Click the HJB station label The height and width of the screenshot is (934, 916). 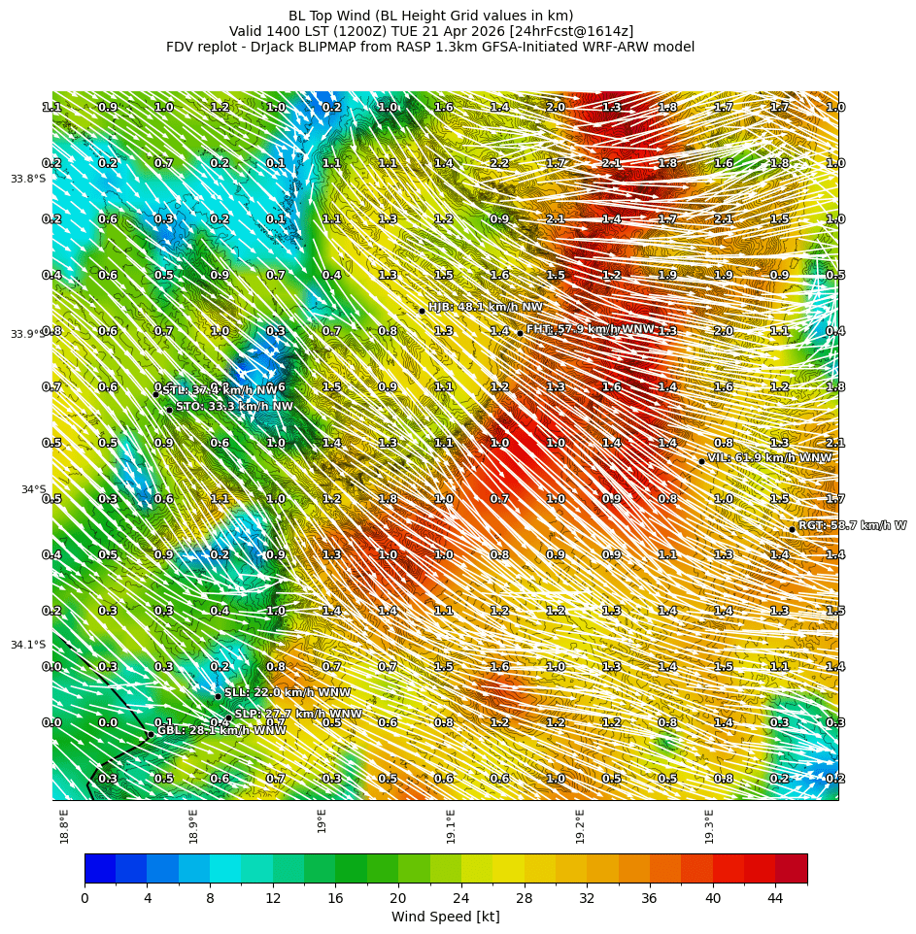[x=486, y=307]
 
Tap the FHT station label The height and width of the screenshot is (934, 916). [x=591, y=330]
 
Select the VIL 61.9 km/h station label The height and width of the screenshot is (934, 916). [x=769, y=458]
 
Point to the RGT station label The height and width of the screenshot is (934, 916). [x=852, y=526]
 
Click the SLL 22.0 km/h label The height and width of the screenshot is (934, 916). [x=288, y=693]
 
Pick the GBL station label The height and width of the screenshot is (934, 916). [x=222, y=731]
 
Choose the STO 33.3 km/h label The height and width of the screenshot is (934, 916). [x=234, y=407]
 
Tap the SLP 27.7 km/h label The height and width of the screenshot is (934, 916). [x=298, y=714]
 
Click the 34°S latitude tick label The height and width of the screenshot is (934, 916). [x=33, y=489]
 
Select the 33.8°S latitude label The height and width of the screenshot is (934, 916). [x=28, y=179]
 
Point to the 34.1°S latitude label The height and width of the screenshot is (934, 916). [x=28, y=645]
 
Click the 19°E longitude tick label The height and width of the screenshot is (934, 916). [x=322, y=820]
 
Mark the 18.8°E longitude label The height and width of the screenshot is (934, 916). [x=64, y=825]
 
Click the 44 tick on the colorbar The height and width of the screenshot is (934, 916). [x=775, y=898]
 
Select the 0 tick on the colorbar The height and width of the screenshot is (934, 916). [x=85, y=898]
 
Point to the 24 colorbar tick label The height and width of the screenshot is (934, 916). [x=461, y=898]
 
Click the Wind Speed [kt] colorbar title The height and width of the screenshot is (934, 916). [x=445, y=917]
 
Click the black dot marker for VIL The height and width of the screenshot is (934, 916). [x=701, y=461]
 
